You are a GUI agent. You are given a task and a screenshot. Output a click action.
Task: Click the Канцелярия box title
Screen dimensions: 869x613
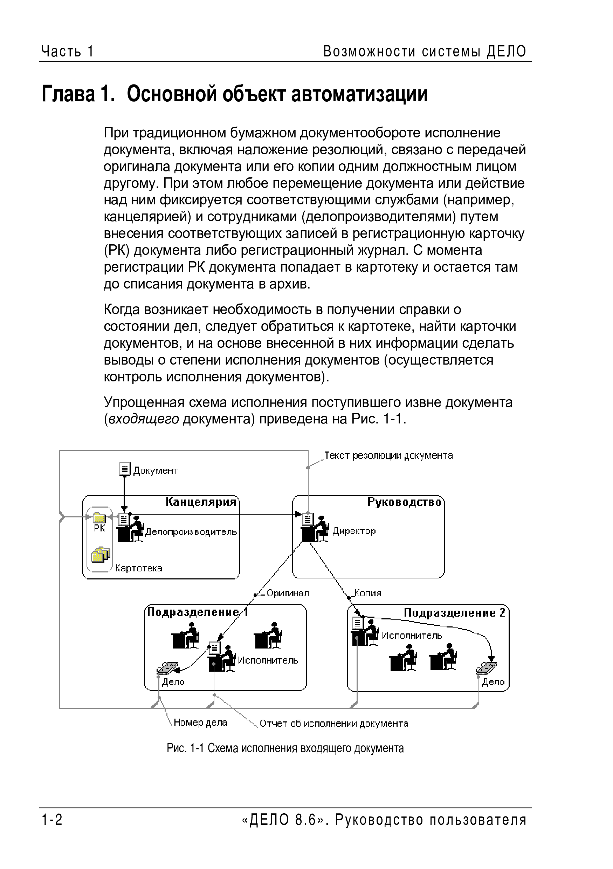tap(201, 502)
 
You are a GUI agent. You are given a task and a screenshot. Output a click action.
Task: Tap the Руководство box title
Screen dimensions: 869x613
tap(404, 502)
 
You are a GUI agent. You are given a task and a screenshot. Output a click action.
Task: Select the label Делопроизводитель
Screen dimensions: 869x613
tap(191, 532)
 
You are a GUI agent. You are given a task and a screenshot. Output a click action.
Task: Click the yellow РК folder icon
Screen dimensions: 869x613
tap(99, 517)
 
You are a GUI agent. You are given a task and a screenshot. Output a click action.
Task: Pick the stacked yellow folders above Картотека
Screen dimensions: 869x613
tap(100, 555)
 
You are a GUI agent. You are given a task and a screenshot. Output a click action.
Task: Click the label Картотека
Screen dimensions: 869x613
tap(139, 568)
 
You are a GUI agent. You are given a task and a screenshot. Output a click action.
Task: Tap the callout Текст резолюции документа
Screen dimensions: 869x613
tap(388, 456)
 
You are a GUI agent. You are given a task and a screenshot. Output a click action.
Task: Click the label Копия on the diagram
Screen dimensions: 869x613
tap(367, 593)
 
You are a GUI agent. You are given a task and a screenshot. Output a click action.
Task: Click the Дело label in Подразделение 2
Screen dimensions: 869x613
tap(493, 682)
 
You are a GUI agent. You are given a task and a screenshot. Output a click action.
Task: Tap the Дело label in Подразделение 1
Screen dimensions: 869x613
tap(173, 682)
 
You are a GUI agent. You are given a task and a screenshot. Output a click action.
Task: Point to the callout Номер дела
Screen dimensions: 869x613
tap(200, 723)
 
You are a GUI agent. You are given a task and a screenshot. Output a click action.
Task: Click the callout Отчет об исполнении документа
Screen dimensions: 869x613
tap(333, 724)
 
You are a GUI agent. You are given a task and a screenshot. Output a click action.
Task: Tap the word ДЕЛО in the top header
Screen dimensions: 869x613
tap(507, 51)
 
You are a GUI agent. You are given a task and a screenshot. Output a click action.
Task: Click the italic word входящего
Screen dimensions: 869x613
tap(144, 419)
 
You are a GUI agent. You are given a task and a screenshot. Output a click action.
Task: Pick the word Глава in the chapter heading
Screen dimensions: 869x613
tap(68, 94)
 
